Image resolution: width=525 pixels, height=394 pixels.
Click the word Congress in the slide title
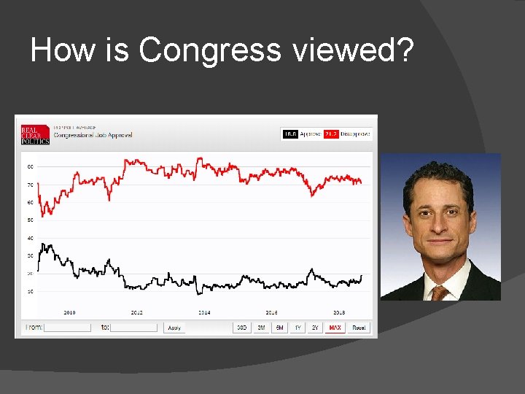[209, 50]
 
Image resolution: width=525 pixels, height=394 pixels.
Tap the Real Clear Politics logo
[35, 135]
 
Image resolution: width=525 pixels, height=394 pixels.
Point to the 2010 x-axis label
[69, 312]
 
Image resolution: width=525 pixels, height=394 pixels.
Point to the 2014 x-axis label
[204, 312]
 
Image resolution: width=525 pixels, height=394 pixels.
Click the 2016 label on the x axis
[271, 312]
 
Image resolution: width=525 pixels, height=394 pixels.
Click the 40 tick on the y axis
[30, 238]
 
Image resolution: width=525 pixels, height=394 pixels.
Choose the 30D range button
[241, 328]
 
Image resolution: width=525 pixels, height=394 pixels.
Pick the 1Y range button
[297, 328]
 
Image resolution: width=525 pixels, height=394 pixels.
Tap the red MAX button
[335, 328]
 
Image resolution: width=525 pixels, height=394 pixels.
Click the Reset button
[359, 328]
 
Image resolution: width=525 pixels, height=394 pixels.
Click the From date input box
[67, 328]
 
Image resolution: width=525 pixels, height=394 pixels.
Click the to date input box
[134, 328]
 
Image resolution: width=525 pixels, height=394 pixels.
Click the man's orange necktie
[438, 293]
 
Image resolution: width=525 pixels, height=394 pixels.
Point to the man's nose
[440, 223]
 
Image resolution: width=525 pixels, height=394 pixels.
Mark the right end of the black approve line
[362, 276]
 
